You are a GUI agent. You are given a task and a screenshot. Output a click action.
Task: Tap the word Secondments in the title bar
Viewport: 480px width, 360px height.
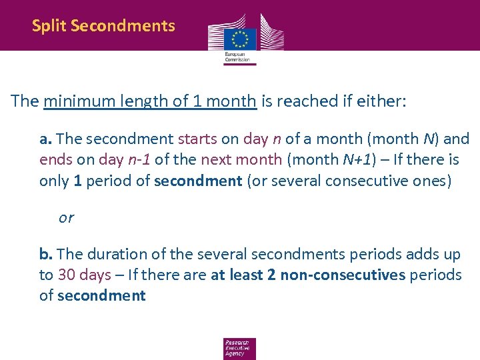point(123,26)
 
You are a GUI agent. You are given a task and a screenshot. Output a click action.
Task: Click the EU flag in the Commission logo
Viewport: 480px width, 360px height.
point(240,37)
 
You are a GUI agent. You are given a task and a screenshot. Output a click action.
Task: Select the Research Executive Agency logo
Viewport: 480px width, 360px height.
point(239,348)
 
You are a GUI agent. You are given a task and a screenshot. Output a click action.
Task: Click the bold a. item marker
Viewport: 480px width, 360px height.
point(46,139)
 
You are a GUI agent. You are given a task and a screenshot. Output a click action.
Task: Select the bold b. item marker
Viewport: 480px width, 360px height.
point(46,255)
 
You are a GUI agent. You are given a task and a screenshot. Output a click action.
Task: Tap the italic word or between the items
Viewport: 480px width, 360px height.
point(66,217)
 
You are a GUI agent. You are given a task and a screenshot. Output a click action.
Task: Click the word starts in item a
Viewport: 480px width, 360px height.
point(197,139)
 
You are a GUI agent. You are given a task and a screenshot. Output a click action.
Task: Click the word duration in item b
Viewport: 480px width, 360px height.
point(115,255)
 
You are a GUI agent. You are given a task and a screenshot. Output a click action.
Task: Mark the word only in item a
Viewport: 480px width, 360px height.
point(54,181)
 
